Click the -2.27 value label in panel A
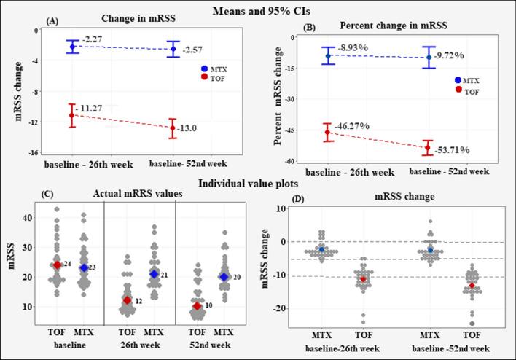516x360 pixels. point(93,38)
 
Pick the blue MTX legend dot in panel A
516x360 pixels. point(205,69)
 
